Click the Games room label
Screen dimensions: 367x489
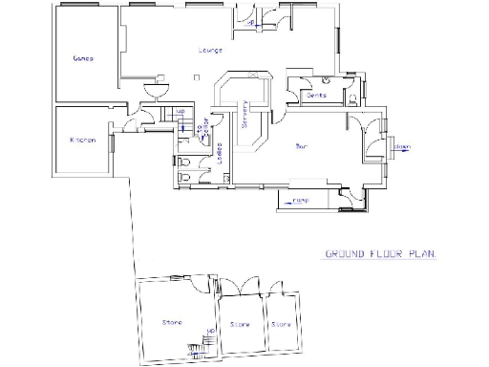[82, 58]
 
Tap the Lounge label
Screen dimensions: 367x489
[211, 50]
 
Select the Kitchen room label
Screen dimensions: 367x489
[83, 140]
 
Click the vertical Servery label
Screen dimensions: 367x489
[245, 116]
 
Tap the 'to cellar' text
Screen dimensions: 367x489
[201, 128]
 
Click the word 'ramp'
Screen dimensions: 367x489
[301, 201]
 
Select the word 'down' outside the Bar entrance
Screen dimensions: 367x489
[404, 146]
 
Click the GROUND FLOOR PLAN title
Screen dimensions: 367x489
[379, 254]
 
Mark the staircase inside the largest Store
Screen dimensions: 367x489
[201, 346]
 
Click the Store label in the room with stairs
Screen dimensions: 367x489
[172, 322]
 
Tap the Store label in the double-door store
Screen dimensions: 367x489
[240, 325]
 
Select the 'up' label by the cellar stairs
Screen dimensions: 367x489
[180, 113]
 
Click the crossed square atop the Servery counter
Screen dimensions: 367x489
[250, 73]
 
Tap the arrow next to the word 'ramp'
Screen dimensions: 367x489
[287, 201]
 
